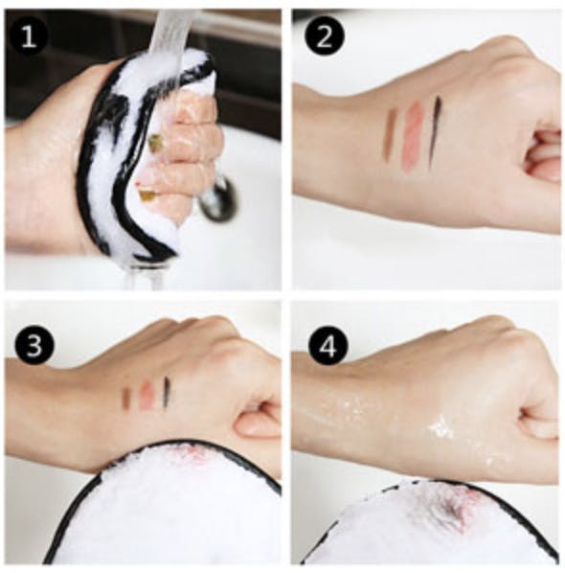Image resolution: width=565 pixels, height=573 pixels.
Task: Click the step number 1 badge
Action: click(28, 36)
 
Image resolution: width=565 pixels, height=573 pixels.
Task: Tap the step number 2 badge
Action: click(325, 36)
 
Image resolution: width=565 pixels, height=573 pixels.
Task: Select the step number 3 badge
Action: click(34, 345)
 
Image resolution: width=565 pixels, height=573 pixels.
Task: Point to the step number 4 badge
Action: click(328, 346)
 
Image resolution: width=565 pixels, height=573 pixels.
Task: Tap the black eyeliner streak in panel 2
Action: click(436, 131)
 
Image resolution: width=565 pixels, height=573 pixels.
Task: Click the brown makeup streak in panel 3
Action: click(127, 397)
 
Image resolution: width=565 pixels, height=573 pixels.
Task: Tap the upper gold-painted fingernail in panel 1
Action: click(157, 144)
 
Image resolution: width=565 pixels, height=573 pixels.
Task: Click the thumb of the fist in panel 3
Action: click(257, 421)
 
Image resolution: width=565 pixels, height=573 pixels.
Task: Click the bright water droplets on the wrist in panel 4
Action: click(441, 426)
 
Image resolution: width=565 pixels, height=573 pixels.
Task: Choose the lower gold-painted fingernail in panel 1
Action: click(146, 195)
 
